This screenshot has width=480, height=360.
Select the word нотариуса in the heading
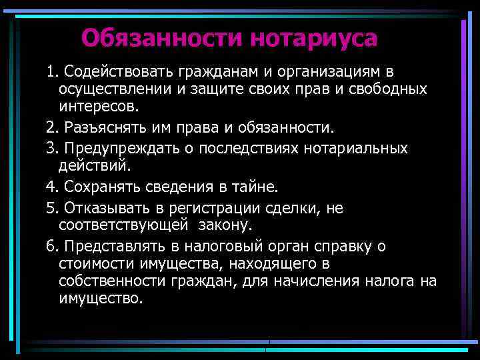(314, 37)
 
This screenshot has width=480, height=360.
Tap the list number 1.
(51, 72)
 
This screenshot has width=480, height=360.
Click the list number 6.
(51, 247)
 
